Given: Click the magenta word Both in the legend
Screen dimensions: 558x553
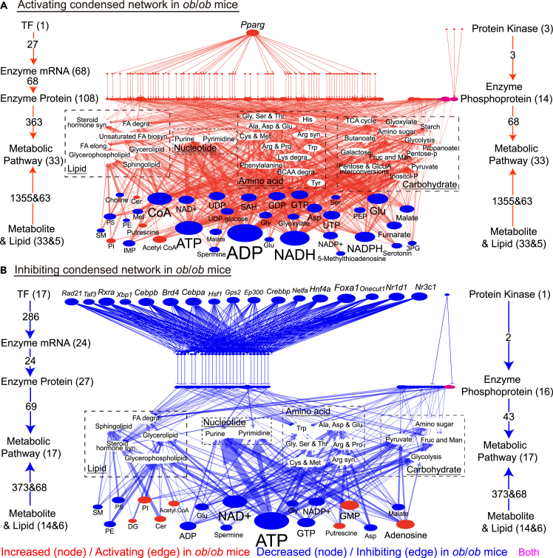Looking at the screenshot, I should point(528,551).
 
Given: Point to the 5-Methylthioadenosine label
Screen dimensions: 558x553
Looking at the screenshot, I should point(333,258).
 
